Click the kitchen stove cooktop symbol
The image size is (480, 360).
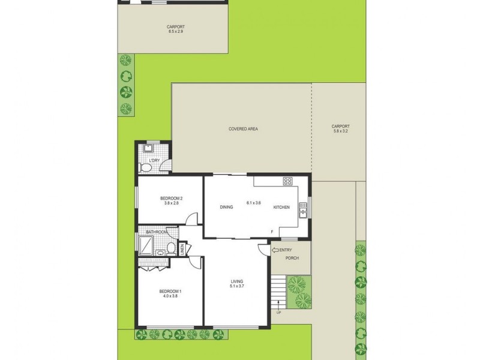coord(287,181)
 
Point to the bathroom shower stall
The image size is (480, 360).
coord(146,245)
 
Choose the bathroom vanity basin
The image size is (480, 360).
coord(160,253)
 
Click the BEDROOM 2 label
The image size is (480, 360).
coord(171,198)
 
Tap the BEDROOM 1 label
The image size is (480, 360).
coord(170,292)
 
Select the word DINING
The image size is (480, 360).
coord(226,207)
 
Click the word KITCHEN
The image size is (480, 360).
coord(281,207)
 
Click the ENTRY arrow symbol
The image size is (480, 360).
coord(275,250)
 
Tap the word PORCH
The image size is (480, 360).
coord(292,259)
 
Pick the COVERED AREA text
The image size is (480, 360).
coord(243,129)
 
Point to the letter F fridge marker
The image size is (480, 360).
coord(272,232)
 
